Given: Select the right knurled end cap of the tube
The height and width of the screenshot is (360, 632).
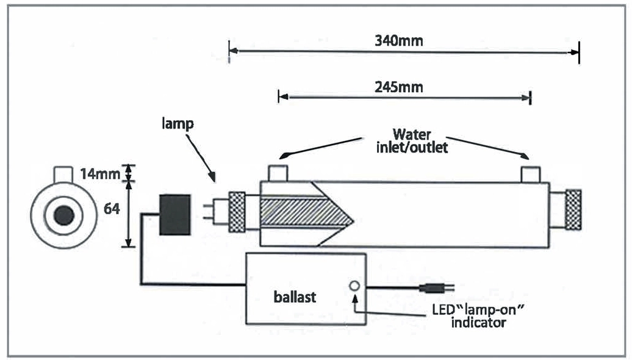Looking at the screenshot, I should pyautogui.click(x=573, y=209).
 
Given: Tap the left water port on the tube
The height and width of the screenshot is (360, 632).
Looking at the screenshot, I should pyautogui.click(x=278, y=173).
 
